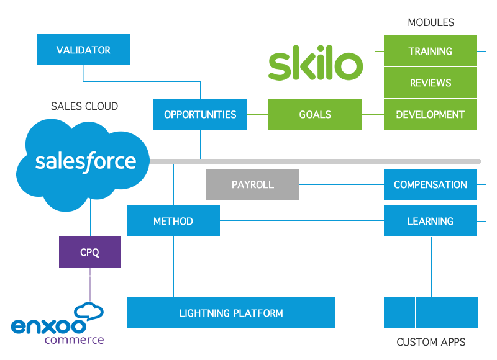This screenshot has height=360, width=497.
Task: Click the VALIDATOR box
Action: [83, 50]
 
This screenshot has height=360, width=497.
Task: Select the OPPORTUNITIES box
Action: [200, 114]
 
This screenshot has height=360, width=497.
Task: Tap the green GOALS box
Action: [315, 114]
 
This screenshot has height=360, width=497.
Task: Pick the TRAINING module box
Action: [430, 51]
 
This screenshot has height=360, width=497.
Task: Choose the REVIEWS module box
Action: [430, 83]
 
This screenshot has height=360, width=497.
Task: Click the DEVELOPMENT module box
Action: [430, 114]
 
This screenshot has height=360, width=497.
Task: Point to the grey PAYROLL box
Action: [252, 184]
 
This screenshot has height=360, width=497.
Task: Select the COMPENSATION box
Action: [430, 184]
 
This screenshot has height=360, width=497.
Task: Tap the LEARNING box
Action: [430, 221]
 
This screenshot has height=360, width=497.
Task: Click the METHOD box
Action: [173, 221]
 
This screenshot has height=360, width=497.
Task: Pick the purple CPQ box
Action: [90, 253]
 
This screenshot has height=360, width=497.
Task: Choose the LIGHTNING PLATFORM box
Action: [230, 313]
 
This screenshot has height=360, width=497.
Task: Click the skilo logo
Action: [316, 66]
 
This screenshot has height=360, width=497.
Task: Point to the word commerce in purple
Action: [74, 340]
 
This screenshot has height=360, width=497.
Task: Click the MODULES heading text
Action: [431, 22]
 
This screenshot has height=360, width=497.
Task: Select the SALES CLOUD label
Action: [84, 107]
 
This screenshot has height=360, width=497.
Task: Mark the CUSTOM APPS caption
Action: [431, 342]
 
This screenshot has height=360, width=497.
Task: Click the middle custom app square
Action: [431, 313]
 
